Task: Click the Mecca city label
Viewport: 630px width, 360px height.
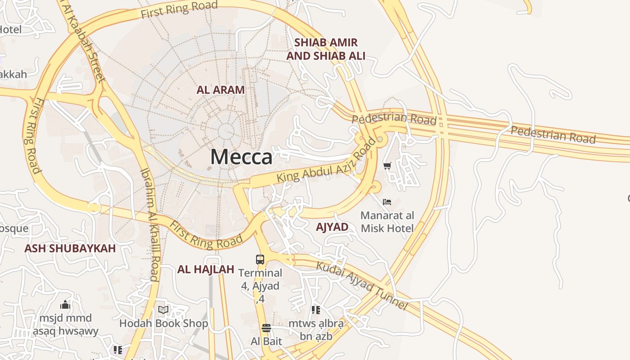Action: [x=241, y=157]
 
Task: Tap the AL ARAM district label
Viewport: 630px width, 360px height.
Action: [x=220, y=90]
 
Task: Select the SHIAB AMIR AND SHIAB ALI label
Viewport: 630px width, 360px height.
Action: [x=326, y=49]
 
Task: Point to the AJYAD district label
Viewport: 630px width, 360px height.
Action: [x=332, y=227]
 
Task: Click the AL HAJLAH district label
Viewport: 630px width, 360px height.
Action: [x=206, y=270]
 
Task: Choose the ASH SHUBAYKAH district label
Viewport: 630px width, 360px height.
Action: [x=70, y=248]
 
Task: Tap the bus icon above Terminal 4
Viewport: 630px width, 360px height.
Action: [x=260, y=259]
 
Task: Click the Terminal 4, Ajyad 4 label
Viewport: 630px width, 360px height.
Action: [x=260, y=286]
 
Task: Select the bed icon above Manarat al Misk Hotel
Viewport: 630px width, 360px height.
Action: [x=387, y=202]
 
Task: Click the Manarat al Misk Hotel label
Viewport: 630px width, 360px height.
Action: [x=387, y=222]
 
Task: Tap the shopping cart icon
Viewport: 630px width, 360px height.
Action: [x=387, y=166]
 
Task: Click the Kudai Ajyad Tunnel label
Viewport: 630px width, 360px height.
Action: [x=362, y=285]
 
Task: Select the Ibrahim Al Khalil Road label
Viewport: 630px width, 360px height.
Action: [x=150, y=224]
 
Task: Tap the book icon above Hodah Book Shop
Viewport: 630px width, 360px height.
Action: [x=163, y=310]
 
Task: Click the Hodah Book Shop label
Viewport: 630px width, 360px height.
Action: [x=163, y=324]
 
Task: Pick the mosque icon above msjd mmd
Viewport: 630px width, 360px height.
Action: [x=65, y=305]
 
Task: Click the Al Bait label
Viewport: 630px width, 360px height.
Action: [x=266, y=341]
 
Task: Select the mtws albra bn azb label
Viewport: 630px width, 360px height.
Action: [x=316, y=330]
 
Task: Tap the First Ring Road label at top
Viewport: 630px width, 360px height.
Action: [x=179, y=9]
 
